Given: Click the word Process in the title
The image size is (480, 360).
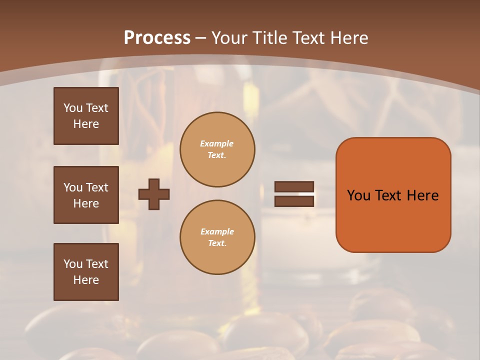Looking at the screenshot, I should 157,38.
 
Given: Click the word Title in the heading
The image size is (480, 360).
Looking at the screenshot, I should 270,38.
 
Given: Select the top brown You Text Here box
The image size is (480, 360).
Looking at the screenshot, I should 86,116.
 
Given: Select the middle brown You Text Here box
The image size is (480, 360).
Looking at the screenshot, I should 86,195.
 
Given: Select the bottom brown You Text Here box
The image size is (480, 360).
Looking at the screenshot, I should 86,272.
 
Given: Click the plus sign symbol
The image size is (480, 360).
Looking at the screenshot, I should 154,194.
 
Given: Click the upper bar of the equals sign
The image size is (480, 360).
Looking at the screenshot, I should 294,187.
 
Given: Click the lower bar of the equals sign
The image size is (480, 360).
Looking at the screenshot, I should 294,201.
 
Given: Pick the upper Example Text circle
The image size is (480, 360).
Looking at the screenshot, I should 217,149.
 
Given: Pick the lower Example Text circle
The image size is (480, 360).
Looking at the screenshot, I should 217,237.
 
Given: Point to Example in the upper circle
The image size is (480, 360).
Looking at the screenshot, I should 217,143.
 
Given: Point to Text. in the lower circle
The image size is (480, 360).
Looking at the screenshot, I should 217,243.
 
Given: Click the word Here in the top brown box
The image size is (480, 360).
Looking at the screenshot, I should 86,124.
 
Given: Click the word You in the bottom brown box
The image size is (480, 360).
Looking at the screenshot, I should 73,264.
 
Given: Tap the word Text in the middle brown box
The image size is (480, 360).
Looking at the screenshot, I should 96,187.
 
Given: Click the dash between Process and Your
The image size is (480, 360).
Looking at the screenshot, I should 201,38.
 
